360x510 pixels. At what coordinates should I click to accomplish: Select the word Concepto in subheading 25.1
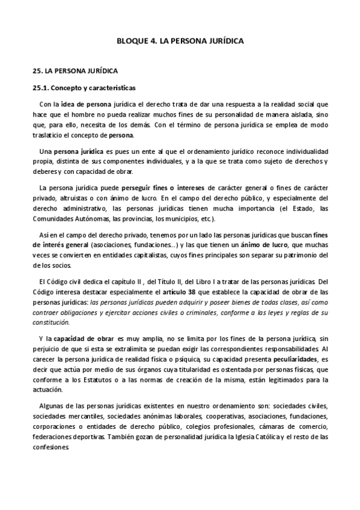tap(70, 87)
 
